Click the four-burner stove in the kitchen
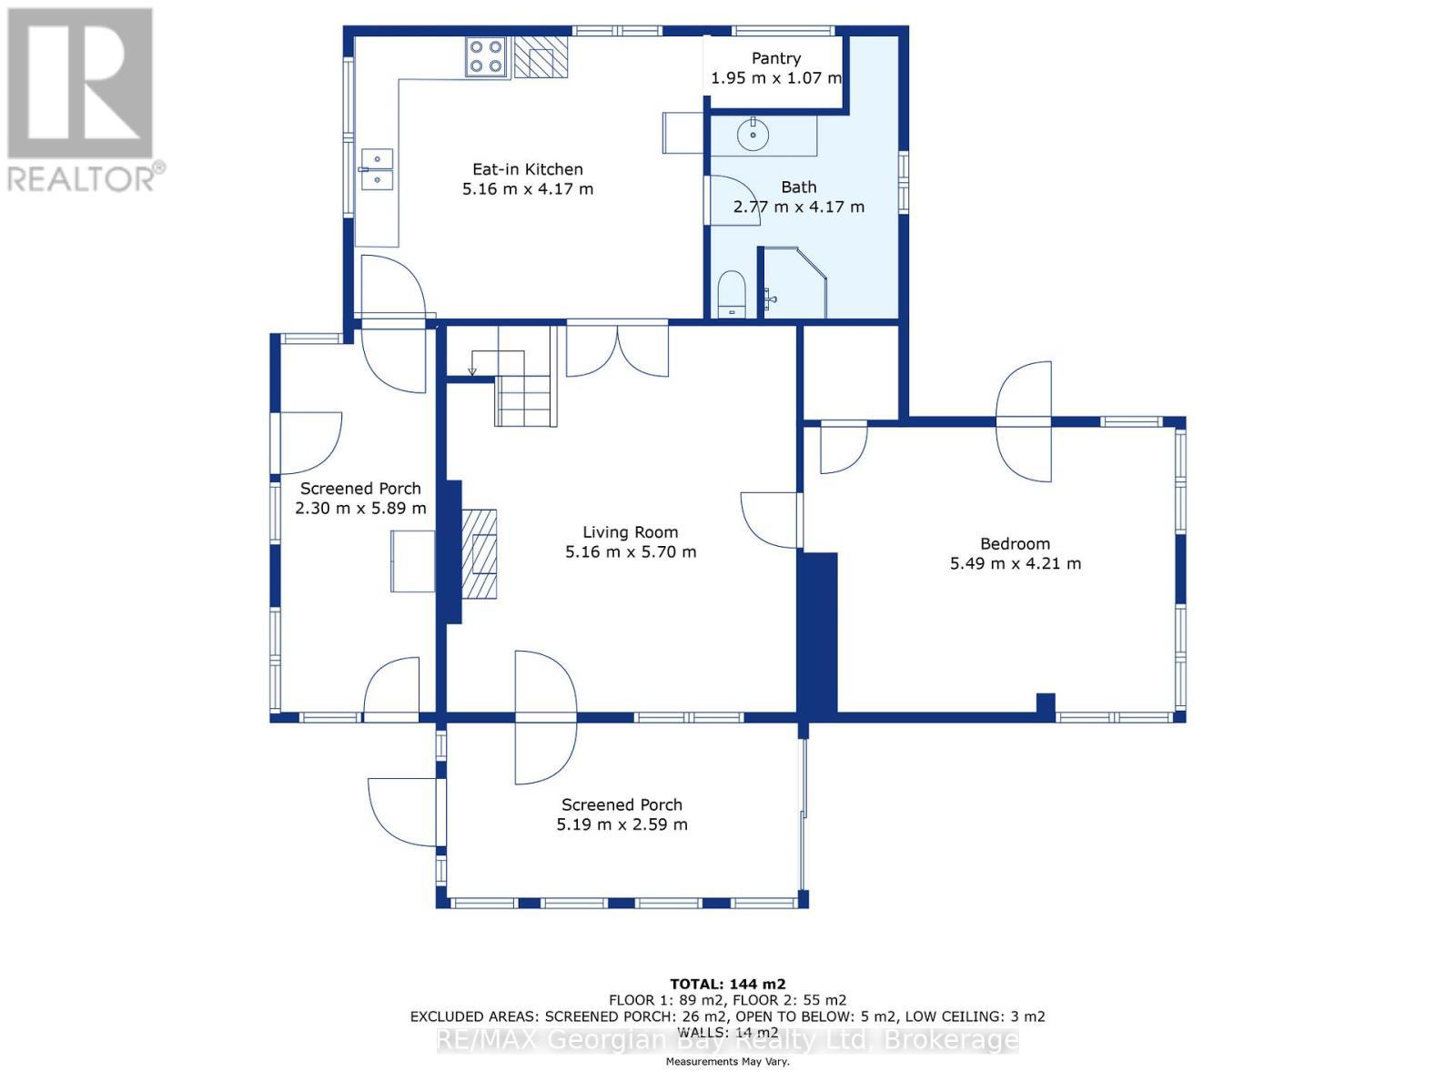(487, 56)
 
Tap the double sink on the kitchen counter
(377, 169)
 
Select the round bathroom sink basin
(753, 136)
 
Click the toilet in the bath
(733, 293)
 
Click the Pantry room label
(776, 58)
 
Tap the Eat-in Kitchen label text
(527, 169)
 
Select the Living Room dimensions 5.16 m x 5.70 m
(631, 551)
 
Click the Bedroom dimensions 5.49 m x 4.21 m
(1016, 563)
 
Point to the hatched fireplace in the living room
(479, 554)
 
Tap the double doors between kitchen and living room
(618, 350)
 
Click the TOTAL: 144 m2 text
(728, 984)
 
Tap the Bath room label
(799, 187)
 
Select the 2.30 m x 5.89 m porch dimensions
(361, 509)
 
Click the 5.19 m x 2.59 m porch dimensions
(622, 824)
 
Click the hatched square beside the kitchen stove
(541, 56)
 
